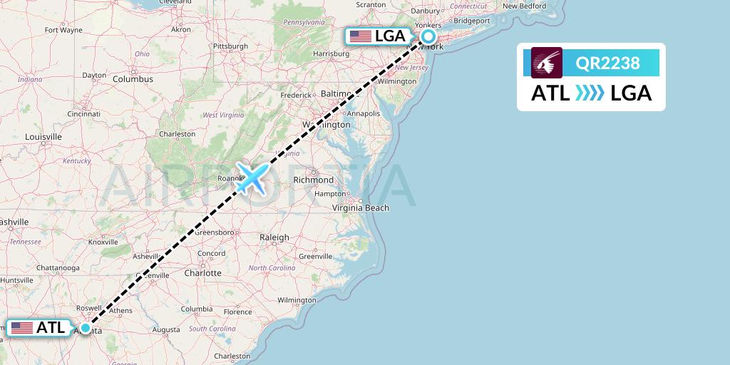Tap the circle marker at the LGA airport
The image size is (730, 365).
click(x=428, y=36)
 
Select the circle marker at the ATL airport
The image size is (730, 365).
click(x=86, y=328)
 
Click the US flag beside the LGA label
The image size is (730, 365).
click(x=361, y=36)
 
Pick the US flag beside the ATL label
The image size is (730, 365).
click(x=22, y=328)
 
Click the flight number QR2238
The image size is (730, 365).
click(x=607, y=63)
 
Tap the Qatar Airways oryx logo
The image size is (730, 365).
click(x=547, y=63)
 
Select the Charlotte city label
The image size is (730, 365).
click(x=202, y=273)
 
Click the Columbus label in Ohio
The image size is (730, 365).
click(x=133, y=79)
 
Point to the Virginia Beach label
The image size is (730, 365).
click(x=361, y=208)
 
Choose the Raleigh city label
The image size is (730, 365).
click(x=274, y=237)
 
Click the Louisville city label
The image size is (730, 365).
click(x=43, y=137)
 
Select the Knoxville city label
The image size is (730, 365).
click(x=103, y=242)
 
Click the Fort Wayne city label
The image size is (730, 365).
click(x=63, y=31)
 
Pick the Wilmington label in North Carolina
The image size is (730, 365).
click(x=297, y=300)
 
